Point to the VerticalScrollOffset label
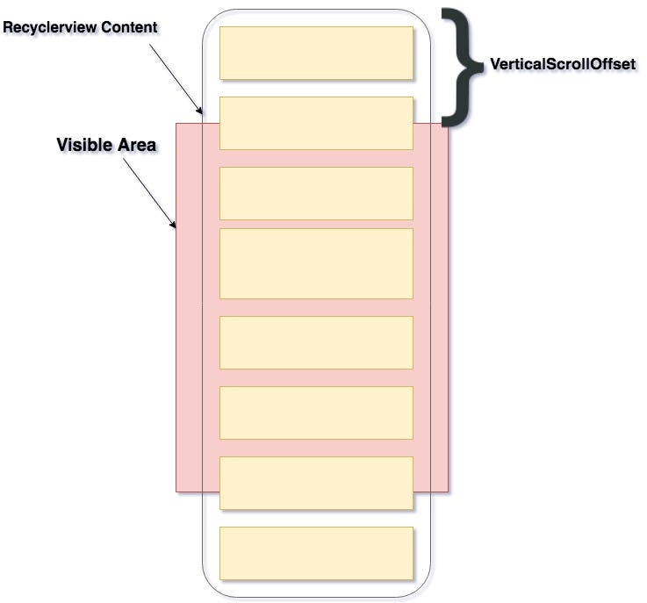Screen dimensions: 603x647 (562, 64)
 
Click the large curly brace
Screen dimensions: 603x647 (462, 63)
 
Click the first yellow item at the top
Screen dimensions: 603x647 (316, 53)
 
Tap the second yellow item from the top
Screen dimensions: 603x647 (316, 123)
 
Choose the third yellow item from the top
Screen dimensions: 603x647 (316, 193)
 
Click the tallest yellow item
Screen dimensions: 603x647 (316, 263)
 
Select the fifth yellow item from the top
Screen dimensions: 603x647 (316, 342)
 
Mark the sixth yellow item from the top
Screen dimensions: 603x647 (316, 413)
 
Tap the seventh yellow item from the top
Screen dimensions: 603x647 (316, 483)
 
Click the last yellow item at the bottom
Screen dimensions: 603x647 (316, 553)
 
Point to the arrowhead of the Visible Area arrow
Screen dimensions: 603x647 (174, 226)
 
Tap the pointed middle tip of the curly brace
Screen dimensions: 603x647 (483, 64)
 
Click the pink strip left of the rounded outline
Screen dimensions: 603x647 (189, 307)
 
